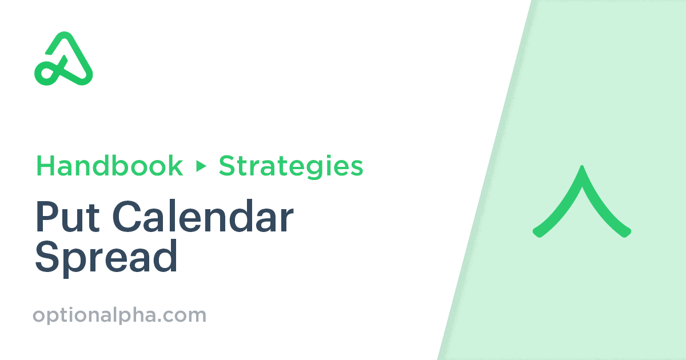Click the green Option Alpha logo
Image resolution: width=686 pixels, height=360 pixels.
point(63,58)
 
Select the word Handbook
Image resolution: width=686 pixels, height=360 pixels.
point(109,166)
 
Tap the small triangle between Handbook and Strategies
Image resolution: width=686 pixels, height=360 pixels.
point(201,166)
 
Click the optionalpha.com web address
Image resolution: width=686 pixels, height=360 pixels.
point(119,315)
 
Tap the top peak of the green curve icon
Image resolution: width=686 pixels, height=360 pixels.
point(582,169)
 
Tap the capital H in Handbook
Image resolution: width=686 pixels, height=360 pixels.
point(45,166)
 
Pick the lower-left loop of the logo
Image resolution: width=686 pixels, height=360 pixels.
point(45,73)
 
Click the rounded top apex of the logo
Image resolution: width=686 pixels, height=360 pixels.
point(64,36)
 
